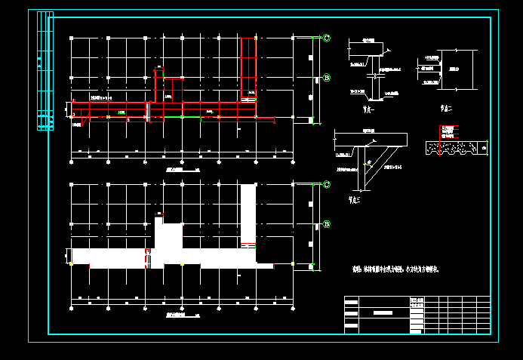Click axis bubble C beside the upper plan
pos(326,38)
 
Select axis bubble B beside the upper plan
pos(326,77)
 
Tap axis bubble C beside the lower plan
pos(326,185)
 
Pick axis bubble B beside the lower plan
pos(326,224)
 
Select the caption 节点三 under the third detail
pos(355,200)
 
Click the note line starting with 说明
pos(396,269)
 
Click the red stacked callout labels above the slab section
pos(446,131)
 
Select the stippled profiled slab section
pos(456,148)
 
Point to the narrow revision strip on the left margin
pos(45,72)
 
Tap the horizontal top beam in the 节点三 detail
pos(370,139)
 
